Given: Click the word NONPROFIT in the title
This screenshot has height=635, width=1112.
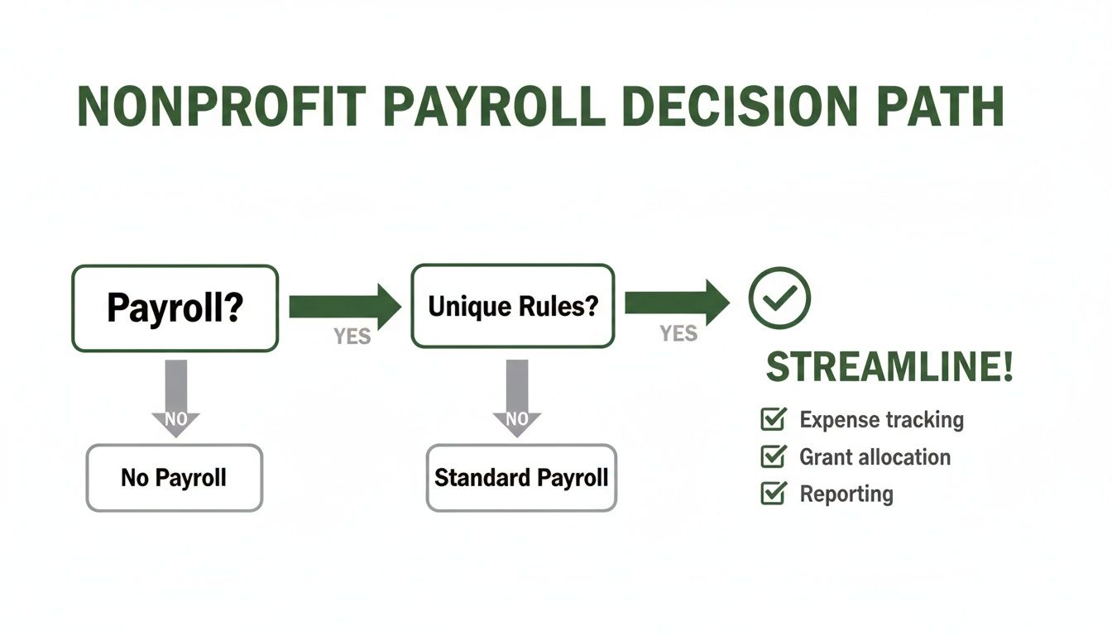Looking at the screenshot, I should (x=221, y=106).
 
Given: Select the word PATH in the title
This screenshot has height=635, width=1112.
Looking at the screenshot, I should (x=935, y=106).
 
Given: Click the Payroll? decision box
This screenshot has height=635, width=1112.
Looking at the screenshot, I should (x=175, y=308).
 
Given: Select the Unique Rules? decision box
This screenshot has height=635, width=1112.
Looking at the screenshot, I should (x=512, y=306).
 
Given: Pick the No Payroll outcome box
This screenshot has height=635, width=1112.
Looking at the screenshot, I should (x=174, y=477).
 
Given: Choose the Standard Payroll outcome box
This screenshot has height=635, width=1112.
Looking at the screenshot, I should (x=521, y=477).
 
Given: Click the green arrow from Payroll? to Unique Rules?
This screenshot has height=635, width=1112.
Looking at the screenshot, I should (x=343, y=306).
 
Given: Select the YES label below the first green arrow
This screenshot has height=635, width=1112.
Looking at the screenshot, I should (x=352, y=337).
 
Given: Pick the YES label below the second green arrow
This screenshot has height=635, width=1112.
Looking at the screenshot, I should (x=678, y=333).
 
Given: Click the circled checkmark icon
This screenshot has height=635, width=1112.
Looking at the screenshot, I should (x=779, y=298).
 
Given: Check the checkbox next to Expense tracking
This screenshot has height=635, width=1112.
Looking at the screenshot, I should (x=772, y=419).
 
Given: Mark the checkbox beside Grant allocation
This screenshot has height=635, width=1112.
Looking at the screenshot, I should (x=772, y=456).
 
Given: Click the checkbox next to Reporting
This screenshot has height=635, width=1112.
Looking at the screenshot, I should (x=772, y=494).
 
